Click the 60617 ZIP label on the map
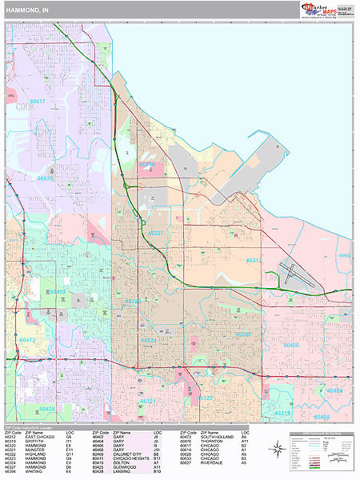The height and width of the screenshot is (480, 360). click(38, 102)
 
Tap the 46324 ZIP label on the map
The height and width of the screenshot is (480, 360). click(150, 340)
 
